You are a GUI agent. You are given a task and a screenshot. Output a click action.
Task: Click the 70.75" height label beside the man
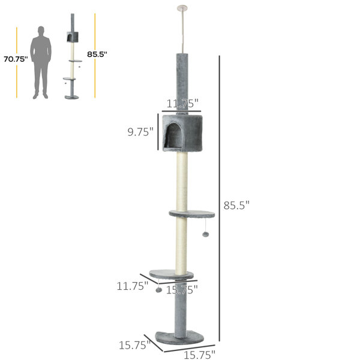(x=16, y=59)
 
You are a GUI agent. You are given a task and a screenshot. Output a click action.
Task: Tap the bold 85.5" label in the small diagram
(x=97, y=55)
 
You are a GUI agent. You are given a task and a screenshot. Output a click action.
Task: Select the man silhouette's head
(x=41, y=30)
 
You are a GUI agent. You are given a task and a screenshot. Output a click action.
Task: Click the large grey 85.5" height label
(x=236, y=205)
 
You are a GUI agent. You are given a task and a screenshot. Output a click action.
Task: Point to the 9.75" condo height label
(x=140, y=132)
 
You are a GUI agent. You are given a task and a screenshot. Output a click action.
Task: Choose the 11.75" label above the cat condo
(x=182, y=104)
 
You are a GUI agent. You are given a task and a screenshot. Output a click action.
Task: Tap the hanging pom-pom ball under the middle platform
(x=205, y=234)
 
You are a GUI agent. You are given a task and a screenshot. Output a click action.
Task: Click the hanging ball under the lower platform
(x=158, y=290)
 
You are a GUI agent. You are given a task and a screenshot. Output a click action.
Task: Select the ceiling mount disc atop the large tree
(x=182, y=8)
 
